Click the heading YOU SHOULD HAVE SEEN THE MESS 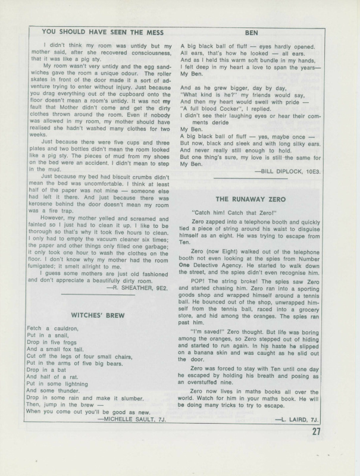tap(100, 31)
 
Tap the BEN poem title tap(251, 31)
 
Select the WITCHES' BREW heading tap(99, 314)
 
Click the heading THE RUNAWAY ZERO tap(251, 199)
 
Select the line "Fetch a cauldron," tap(52, 328)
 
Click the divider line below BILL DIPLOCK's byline tap(250, 178)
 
